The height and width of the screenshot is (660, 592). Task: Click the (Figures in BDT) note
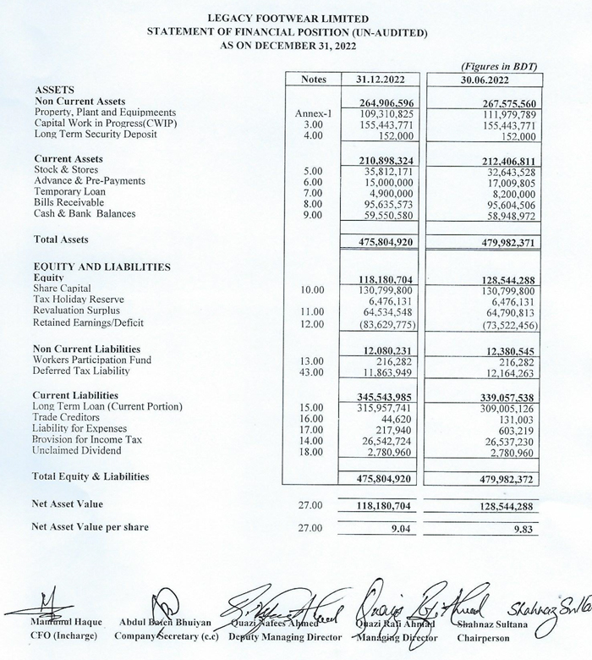499,66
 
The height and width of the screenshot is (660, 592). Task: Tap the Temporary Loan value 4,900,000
391,192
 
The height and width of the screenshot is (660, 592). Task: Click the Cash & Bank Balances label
85,214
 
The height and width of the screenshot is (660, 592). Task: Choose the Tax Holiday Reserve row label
79,300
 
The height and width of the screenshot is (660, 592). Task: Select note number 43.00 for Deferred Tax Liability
312,371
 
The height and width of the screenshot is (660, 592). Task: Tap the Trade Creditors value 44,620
397,418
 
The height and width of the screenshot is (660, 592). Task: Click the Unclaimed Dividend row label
76,451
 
